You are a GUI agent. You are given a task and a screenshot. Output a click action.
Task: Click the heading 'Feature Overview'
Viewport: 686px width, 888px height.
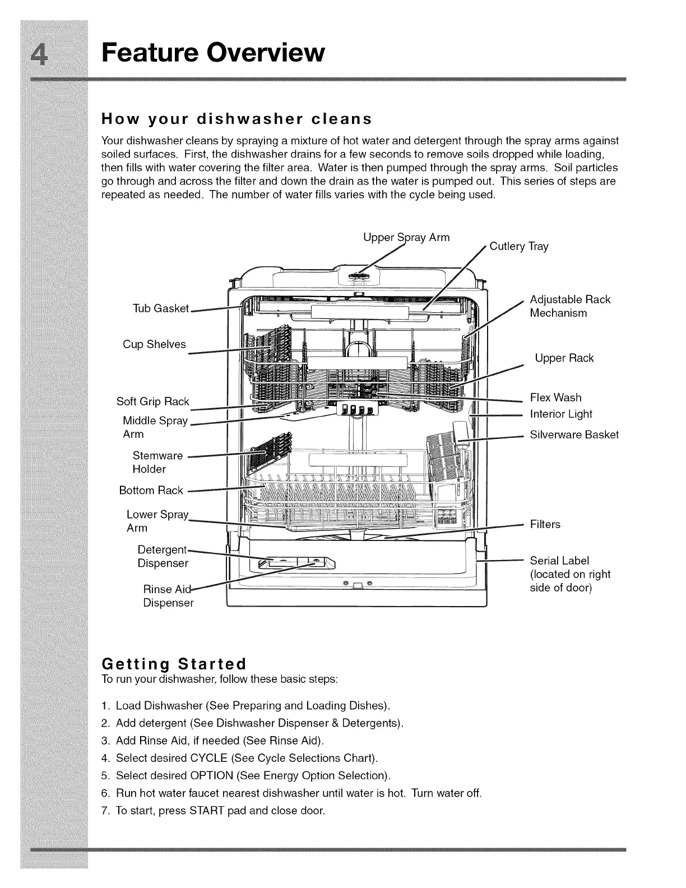tap(213, 53)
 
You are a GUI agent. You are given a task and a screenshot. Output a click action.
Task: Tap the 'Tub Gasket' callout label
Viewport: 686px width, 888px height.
tap(161, 308)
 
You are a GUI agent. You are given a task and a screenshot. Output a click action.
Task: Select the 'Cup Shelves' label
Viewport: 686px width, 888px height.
tap(154, 344)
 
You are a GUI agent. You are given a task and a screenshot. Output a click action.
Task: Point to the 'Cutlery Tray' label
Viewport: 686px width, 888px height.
tap(519, 246)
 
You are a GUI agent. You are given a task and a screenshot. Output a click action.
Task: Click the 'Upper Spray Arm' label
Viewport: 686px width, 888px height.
tap(406, 237)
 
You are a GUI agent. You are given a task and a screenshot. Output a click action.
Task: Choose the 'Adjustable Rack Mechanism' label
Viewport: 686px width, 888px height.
tap(569, 306)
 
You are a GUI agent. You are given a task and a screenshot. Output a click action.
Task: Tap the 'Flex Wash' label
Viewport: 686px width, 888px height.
tap(555, 397)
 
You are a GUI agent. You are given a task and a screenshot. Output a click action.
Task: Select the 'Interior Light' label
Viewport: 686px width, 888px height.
tap(561, 414)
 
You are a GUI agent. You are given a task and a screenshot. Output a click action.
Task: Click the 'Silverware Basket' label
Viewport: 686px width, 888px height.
tap(574, 434)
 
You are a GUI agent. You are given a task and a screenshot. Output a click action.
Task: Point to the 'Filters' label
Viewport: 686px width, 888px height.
tap(545, 524)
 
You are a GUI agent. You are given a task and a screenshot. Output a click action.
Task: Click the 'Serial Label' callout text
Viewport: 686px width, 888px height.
tap(559, 561)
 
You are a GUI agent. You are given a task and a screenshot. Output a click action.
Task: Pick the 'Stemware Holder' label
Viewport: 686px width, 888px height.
tap(157, 462)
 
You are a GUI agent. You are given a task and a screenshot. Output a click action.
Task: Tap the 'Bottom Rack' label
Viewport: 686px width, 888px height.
tap(151, 491)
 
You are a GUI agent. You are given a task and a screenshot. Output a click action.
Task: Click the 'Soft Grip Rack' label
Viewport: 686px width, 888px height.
tap(152, 401)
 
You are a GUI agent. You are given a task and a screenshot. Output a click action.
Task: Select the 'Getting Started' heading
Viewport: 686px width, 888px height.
tap(174, 664)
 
